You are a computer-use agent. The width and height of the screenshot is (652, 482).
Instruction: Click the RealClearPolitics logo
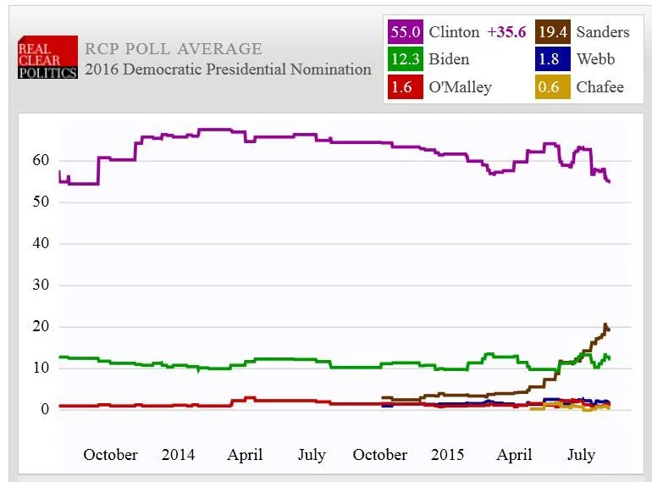tap(47, 58)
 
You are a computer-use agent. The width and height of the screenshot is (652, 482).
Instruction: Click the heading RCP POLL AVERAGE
tap(174, 49)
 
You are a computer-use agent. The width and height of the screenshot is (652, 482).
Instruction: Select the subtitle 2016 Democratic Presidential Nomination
tap(228, 69)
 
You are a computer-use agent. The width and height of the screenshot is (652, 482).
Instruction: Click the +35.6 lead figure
tap(507, 32)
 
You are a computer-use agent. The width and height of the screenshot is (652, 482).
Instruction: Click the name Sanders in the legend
tap(603, 32)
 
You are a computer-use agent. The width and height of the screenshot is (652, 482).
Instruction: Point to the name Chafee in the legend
tap(600, 87)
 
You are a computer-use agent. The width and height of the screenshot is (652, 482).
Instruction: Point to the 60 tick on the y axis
tap(41, 161)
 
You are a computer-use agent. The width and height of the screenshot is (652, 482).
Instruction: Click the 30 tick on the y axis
tap(41, 285)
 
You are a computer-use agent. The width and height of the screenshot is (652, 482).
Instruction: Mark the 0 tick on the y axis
tap(46, 409)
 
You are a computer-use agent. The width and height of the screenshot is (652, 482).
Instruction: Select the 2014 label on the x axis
tap(178, 455)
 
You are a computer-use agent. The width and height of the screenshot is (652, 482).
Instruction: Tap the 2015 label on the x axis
tap(447, 455)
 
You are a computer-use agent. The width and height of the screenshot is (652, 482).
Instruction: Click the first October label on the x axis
tap(110, 455)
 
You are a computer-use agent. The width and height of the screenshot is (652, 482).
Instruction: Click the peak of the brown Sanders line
tap(605, 324)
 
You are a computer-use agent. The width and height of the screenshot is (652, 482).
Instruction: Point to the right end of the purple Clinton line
tap(610, 181)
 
